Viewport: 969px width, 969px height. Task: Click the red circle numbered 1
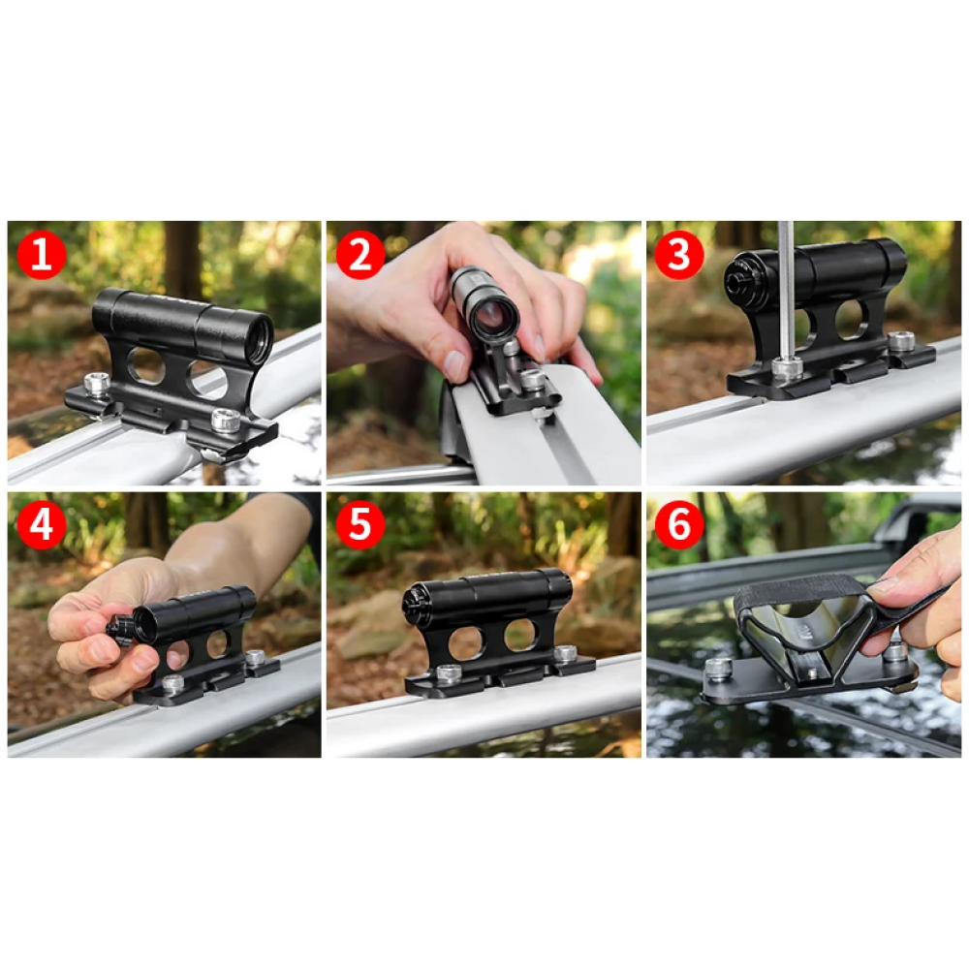coord(42,255)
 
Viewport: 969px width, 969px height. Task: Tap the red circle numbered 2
coord(360,255)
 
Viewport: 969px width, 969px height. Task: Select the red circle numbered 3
coord(679,255)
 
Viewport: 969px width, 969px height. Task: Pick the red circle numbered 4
coord(42,524)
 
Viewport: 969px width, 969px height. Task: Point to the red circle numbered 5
coord(360,524)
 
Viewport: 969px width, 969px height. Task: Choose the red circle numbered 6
coord(679,524)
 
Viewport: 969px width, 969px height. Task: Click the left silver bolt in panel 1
coord(97,384)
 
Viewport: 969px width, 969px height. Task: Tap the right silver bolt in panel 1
coord(226,420)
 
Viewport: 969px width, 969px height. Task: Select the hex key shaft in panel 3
coord(786,291)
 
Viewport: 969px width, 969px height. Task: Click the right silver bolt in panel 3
coord(901,341)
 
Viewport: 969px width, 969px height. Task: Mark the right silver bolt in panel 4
coord(255,658)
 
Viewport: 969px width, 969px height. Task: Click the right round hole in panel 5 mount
coord(520,635)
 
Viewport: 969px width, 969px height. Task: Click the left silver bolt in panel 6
coord(718,668)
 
